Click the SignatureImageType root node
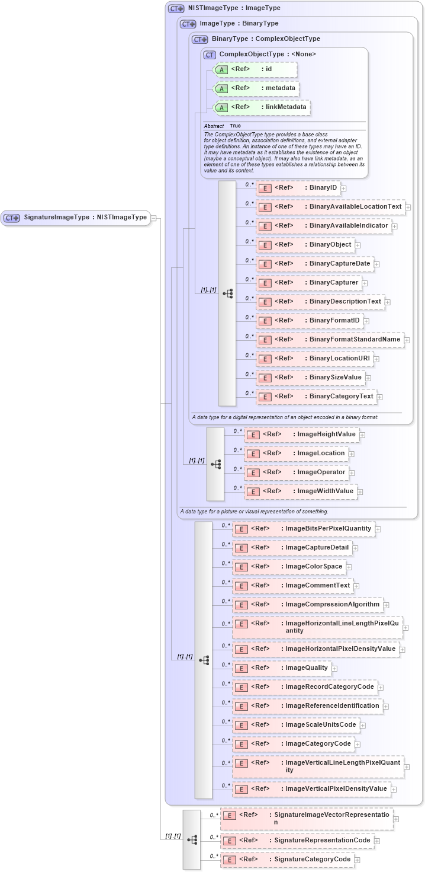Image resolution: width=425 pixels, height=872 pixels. coord(75,218)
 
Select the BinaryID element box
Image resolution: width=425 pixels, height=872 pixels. coord(298,188)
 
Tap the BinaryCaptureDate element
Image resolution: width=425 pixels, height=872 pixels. coord(314,264)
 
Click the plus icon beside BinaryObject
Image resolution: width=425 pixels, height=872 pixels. coord(358,245)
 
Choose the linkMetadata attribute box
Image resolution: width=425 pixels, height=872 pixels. coord(261,107)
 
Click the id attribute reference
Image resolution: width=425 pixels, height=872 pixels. coord(255,69)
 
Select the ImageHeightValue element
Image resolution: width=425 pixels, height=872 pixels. coord(302,435)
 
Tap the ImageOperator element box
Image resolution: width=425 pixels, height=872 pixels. coord(297,472)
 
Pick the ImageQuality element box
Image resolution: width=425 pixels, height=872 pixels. coord(282,668)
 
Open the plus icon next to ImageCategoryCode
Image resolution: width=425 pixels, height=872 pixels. coord(358,744)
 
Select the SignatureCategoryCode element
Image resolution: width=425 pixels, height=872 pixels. coord(288,860)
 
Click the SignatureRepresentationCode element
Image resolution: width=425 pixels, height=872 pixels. coord(298,841)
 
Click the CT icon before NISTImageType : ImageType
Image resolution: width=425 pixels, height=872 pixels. coord(176,9)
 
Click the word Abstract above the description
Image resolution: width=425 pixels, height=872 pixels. coord(214,126)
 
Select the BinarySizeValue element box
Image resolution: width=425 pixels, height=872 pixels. coord(310,378)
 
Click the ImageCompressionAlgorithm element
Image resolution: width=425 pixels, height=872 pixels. coord(308,605)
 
